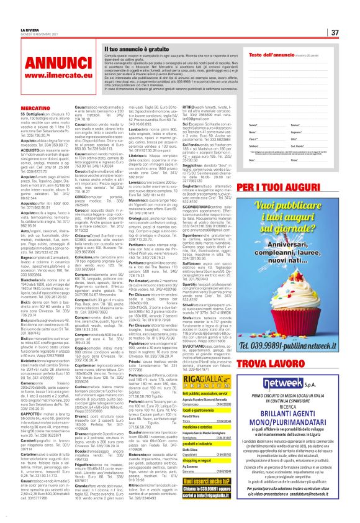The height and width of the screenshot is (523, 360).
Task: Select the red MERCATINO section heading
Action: tap(27, 107)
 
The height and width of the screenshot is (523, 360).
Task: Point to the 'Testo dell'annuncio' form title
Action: tap(272, 55)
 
